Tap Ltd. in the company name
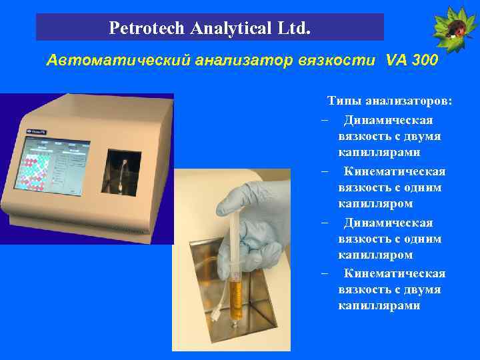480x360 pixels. coord(293,29)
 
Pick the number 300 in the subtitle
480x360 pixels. coord(425,61)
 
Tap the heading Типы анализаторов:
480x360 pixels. coord(389,101)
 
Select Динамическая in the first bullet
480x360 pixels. coord(388,120)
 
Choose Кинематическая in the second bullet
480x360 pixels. coord(394,171)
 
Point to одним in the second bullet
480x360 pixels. coord(423,187)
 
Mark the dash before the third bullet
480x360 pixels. coord(323,223)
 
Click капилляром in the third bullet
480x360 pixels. coord(375,255)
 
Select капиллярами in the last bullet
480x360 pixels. coord(379,305)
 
